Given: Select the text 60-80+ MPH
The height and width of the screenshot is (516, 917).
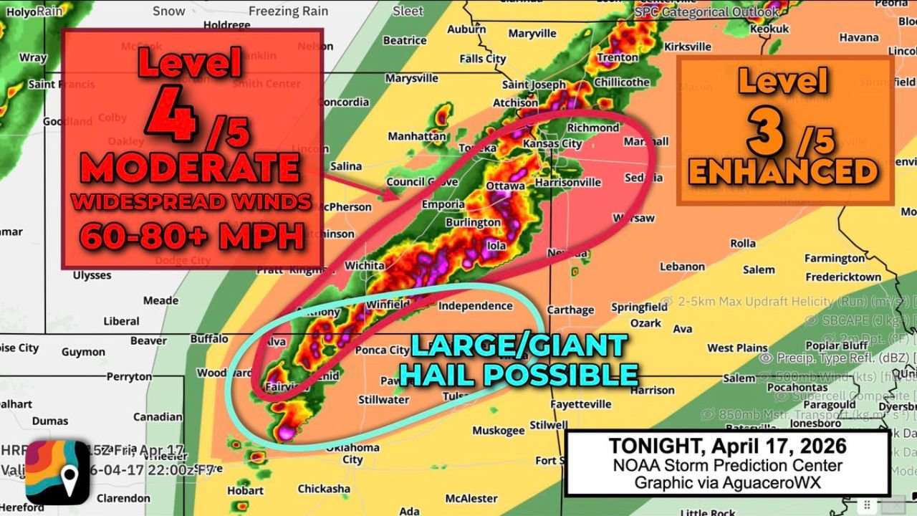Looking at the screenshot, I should (x=191, y=235).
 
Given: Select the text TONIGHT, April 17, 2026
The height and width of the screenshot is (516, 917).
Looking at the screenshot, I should (x=727, y=446).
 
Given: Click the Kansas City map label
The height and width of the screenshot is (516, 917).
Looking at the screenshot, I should (x=552, y=143).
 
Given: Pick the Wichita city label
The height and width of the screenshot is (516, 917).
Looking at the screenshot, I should (x=365, y=265).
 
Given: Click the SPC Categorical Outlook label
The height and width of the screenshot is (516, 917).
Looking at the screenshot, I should (x=706, y=11).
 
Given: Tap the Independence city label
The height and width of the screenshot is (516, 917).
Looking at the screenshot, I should (x=475, y=306).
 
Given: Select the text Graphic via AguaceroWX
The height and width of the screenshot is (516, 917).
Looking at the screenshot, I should (x=727, y=482).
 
